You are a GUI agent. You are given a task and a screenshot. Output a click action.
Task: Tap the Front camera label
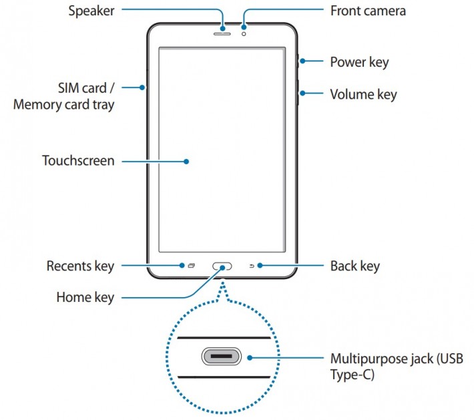[368, 11]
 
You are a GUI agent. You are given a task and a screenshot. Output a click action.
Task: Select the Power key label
[359, 62]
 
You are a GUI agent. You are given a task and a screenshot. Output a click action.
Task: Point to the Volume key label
[363, 94]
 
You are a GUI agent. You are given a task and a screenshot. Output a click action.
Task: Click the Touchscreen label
[78, 161]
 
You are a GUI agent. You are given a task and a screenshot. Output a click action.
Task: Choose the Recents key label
[80, 266]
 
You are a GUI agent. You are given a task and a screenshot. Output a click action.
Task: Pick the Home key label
[85, 298]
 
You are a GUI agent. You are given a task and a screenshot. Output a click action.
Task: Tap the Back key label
[355, 266]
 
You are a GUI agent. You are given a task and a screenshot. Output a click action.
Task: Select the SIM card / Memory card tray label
[64, 96]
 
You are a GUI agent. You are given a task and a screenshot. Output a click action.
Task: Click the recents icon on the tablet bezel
[191, 266]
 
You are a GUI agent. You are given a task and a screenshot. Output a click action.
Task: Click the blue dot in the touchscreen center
[187, 161]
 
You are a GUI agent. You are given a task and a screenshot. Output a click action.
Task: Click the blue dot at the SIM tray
[143, 87]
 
